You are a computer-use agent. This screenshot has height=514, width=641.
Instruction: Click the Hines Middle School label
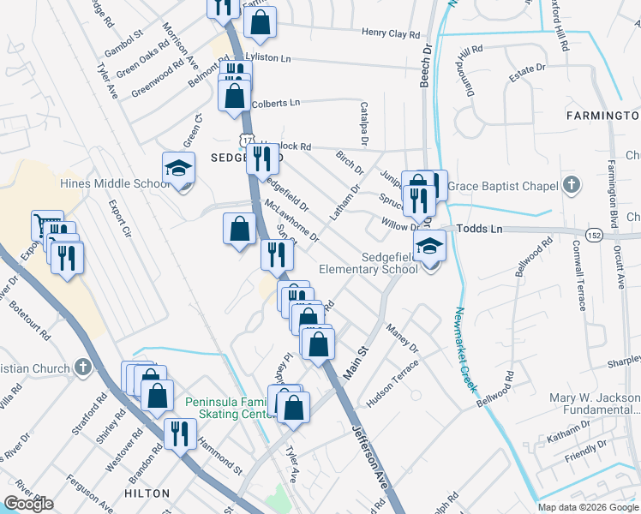click(116, 183)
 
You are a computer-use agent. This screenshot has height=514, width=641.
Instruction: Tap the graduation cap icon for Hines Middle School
click(179, 167)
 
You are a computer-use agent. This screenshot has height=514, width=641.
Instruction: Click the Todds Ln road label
click(479, 229)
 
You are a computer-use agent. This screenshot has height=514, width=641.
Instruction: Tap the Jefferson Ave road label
click(369, 461)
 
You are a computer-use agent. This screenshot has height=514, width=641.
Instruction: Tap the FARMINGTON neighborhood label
click(602, 115)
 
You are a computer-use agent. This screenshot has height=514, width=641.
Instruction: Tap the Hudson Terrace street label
click(392, 382)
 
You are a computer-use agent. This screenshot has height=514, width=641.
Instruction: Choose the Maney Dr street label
click(401, 337)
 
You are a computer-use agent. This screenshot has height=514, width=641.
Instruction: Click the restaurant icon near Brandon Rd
click(178, 433)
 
